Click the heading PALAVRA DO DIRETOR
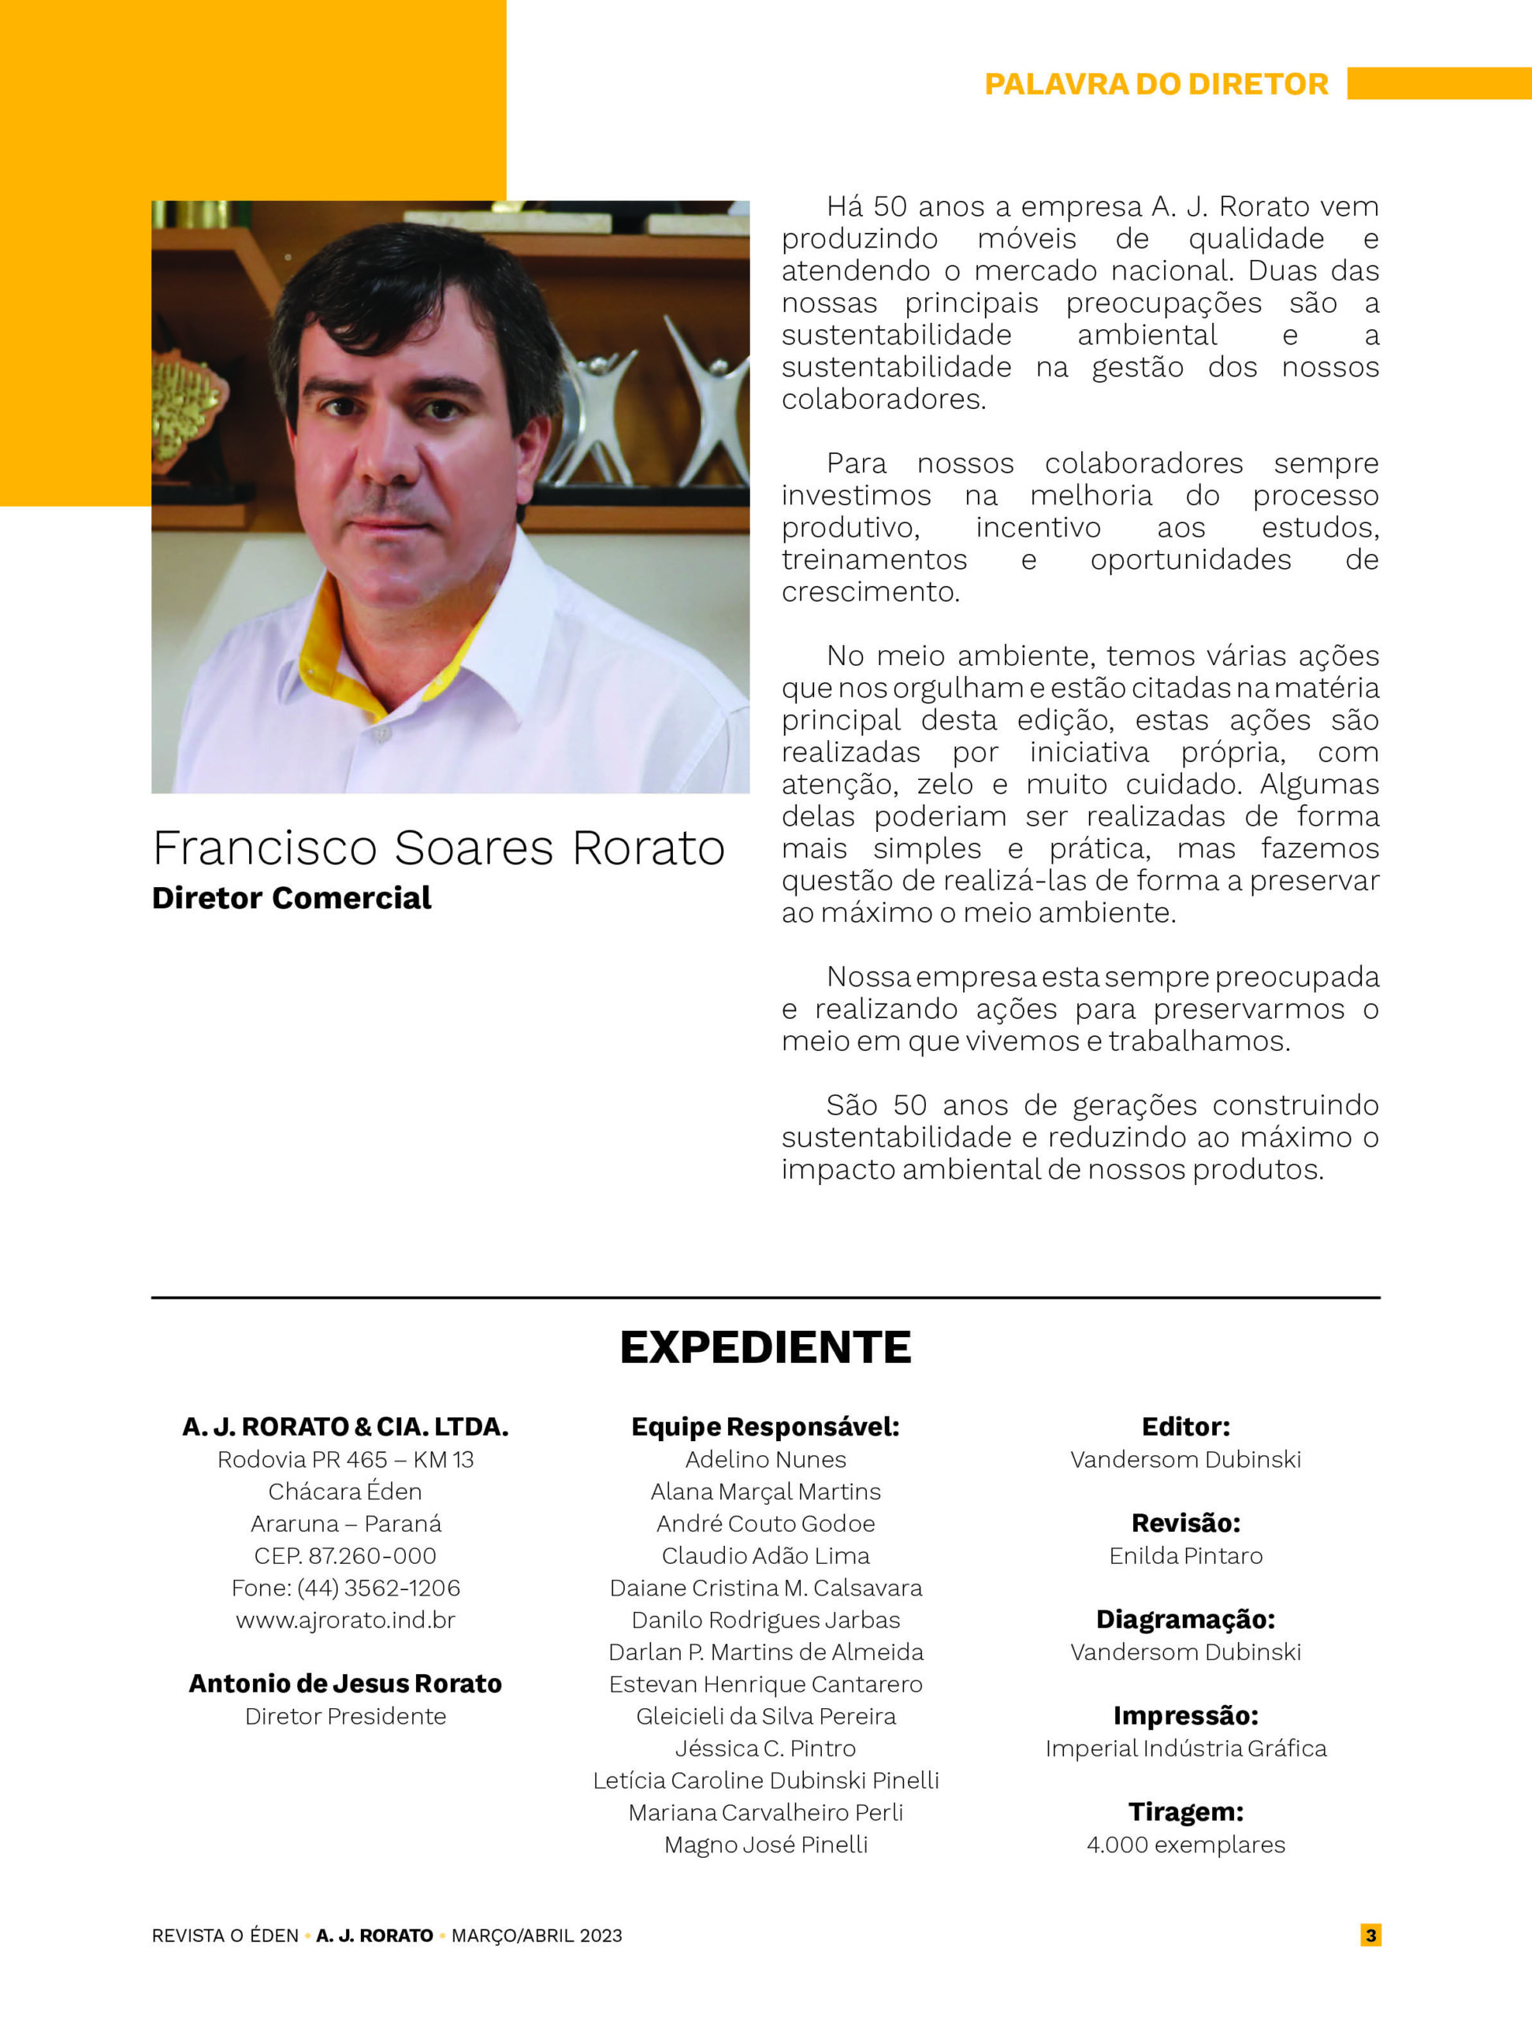click(1156, 84)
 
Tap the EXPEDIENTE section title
click(765, 1348)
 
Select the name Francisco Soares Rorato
click(439, 848)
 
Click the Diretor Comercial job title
click(291, 898)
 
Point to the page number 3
click(1370, 1935)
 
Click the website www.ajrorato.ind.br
click(346, 1621)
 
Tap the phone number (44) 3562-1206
click(378, 1588)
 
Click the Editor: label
click(1185, 1427)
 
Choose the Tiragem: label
click(1185, 1812)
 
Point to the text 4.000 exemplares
click(1185, 1844)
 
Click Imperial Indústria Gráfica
click(1185, 1748)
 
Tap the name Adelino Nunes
click(765, 1460)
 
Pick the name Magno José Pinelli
click(765, 1844)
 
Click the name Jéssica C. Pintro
click(765, 1748)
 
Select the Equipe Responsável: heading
click(765, 1427)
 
